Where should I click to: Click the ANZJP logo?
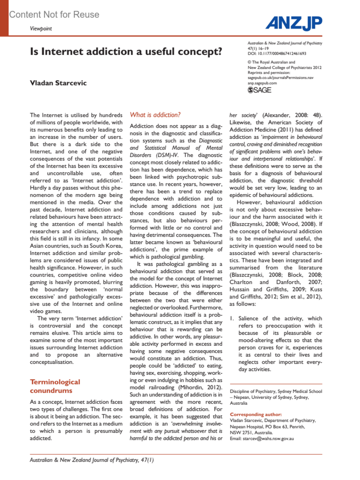(294, 23)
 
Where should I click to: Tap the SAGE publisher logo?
(259, 90)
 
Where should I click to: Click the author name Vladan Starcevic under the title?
(58, 83)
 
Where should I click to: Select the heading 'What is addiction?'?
(155, 115)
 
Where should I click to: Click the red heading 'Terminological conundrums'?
(55, 386)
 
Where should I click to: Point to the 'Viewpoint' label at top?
(41, 28)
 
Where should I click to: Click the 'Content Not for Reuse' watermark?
(54, 14)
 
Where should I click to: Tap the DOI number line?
(277, 54)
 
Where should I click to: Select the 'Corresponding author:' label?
(256, 414)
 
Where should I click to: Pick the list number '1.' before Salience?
(232, 318)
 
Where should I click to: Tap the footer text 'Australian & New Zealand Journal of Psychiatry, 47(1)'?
(91, 460)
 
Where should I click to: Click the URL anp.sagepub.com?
(262, 83)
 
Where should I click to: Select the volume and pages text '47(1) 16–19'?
(258, 49)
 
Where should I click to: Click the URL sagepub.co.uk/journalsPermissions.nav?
(280, 78)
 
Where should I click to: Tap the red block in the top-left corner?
(4, 18)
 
